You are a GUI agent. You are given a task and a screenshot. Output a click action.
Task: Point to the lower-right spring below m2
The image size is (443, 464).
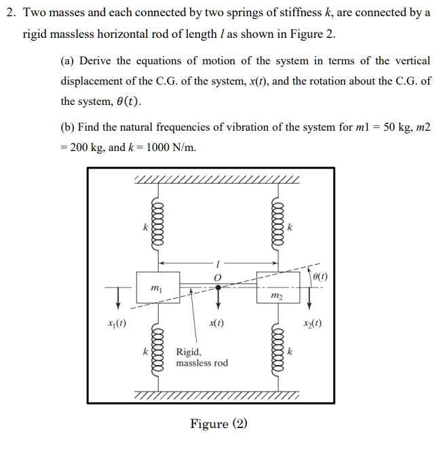[277, 352]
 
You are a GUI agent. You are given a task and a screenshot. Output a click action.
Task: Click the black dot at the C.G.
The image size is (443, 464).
[217, 287]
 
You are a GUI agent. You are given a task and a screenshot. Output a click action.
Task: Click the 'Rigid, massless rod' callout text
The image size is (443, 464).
[201, 358]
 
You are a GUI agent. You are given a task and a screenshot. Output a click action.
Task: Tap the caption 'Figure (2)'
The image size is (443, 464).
[218, 424]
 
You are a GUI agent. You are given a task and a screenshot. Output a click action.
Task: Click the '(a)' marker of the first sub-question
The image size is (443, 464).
[67, 61]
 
